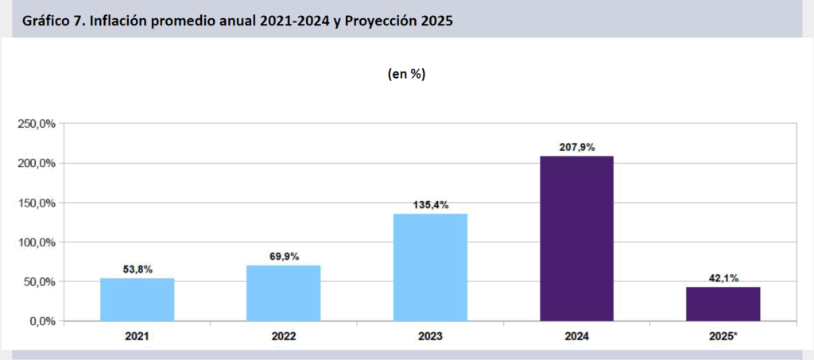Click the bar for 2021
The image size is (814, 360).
[137, 300]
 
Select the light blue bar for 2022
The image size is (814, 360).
[283, 293]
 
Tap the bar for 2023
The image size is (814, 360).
[430, 267]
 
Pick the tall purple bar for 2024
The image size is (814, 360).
[576, 238]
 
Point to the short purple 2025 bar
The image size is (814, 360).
[723, 304]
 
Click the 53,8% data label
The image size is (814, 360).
[137, 269]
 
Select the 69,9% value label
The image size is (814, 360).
[283, 257]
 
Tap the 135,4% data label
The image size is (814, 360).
[430, 205]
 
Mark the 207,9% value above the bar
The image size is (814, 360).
[576, 147]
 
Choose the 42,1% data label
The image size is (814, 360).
[723, 278]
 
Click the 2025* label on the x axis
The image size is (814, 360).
[723, 336]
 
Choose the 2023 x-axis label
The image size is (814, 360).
[430, 336]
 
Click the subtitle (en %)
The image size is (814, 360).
[406, 74]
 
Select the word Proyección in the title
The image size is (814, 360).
[376, 21]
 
